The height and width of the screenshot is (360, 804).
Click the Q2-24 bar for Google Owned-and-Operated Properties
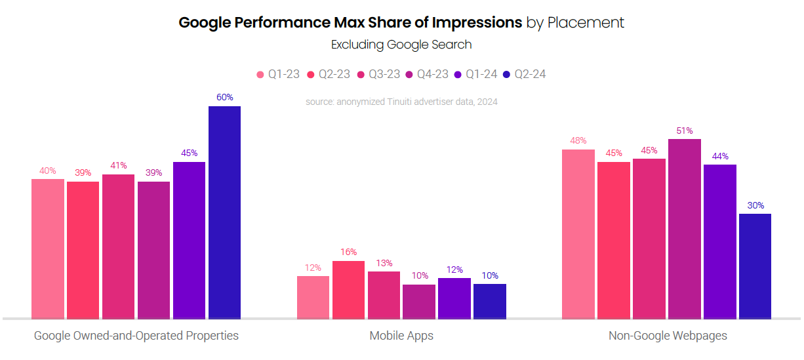224,212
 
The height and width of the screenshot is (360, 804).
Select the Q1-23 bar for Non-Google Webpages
578,234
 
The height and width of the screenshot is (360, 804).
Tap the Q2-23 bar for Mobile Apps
348,290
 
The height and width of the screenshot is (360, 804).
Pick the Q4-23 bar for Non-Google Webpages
685,229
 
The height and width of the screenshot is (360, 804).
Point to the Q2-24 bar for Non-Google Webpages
755,266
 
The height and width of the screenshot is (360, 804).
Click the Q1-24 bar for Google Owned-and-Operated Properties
189,241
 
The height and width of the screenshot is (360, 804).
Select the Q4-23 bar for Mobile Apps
419,302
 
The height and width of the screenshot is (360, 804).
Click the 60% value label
224,97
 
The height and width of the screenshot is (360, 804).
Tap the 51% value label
685,130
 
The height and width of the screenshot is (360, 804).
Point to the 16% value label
348,252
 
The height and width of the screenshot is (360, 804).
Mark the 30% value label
755,205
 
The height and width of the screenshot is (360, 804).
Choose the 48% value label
578,140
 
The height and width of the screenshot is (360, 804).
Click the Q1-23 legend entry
278,74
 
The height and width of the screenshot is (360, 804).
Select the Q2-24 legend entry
524,74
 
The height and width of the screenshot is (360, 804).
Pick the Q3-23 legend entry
378,74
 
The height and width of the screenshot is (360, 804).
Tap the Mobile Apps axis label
401,336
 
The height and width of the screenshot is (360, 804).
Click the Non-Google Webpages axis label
668,336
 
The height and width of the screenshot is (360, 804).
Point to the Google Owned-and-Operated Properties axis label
136,336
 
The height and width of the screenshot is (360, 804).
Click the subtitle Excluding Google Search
401,45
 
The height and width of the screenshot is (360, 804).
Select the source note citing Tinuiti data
401,102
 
